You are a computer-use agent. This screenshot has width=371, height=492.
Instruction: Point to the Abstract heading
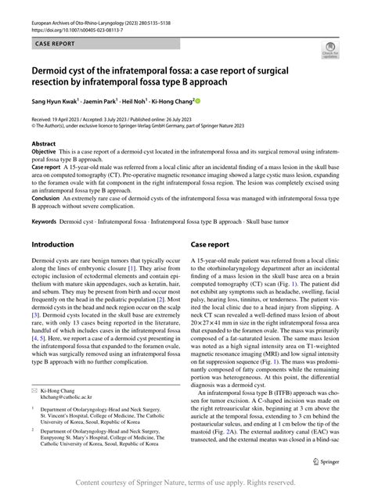(x=44, y=145)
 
